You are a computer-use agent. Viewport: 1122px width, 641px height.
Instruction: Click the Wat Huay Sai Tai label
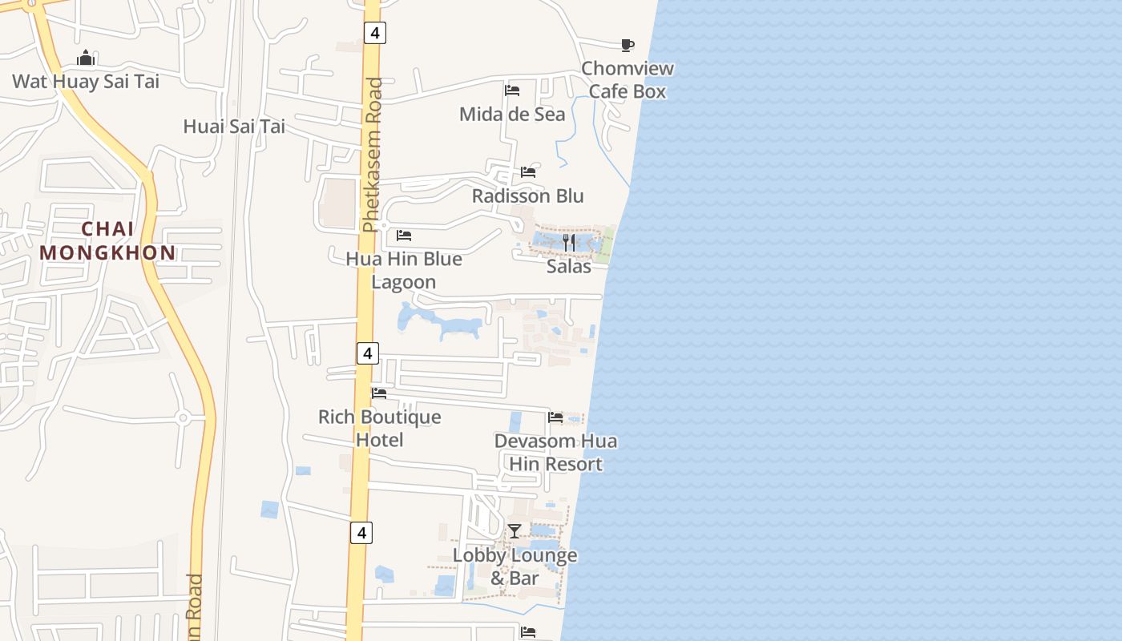click(x=86, y=81)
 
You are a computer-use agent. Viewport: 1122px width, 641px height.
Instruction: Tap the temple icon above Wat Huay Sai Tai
click(x=86, y=58)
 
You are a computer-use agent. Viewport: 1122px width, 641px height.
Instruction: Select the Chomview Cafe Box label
click(x=628, y=80)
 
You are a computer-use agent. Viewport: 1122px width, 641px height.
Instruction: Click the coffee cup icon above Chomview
click(x=628, y=45)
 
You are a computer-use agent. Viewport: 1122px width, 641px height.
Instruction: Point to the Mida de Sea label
click(x=512, y=115)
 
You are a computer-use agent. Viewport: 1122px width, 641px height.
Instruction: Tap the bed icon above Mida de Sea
click(x=512, y=91)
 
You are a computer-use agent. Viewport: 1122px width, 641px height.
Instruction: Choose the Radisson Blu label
click(x=528, y=196)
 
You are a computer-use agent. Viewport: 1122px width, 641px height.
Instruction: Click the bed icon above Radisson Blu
click(x=528, y=172)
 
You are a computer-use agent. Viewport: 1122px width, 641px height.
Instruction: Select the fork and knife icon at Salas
click(x=569, y=242)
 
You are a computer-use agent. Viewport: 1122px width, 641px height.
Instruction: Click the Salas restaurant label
click(x=569, y=267)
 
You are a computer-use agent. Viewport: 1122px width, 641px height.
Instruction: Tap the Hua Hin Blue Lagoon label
click(x=404, y=271)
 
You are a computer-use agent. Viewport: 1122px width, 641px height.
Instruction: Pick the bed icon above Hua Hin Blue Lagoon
click(x=404, y=236)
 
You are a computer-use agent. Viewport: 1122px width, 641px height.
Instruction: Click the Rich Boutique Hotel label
click(x=379, y=429)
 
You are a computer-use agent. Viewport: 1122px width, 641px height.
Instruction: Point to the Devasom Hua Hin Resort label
click(x=555, y=453)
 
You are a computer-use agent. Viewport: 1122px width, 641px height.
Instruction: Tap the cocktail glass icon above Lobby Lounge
click(x=515, y=531)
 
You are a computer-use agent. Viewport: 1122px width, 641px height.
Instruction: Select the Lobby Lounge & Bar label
click(x=515, y=566)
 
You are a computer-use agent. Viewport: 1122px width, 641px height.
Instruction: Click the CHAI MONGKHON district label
click(x=107, y=241)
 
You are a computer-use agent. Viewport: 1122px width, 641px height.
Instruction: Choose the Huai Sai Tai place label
click(x=234, y=127)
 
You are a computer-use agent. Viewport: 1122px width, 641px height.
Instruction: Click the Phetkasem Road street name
click(x=373, y=155)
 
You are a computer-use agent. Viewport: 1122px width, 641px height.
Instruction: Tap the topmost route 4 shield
click(x=375, y=33)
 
